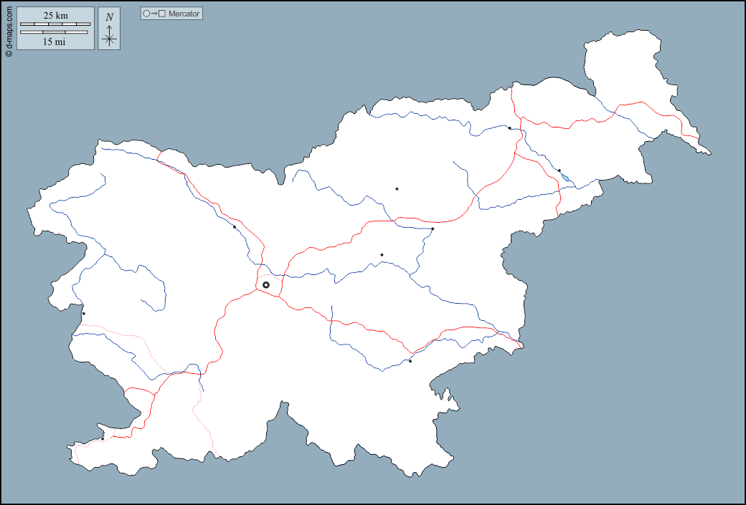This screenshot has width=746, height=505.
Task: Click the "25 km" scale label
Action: (56, 16)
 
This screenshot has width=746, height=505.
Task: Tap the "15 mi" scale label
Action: (55, 42)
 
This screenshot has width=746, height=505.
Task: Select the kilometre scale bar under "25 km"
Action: (55, 24)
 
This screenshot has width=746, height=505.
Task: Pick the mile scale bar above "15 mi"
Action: (55, 32)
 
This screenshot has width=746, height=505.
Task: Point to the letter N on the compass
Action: (109, 16)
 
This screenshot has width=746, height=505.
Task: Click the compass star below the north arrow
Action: (109, 39)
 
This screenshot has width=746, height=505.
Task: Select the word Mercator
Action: (184, 14)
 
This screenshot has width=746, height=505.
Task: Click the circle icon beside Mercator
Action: (146, 14)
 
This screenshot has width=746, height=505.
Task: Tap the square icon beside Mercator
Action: (162, 14)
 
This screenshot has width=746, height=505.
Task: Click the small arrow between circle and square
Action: (154, 14)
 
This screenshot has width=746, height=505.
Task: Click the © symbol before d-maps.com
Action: (9, 53)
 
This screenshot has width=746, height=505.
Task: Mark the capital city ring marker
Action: (266, 285)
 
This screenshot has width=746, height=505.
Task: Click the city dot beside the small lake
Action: (559, 170)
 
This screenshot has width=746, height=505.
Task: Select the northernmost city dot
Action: (509, 128)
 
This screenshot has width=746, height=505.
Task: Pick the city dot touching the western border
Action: (83, 314)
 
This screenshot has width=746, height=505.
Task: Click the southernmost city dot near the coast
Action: (103, 438)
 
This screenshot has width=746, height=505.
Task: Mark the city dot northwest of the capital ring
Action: (235, 227)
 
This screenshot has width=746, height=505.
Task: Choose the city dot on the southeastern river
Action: (410, 361)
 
